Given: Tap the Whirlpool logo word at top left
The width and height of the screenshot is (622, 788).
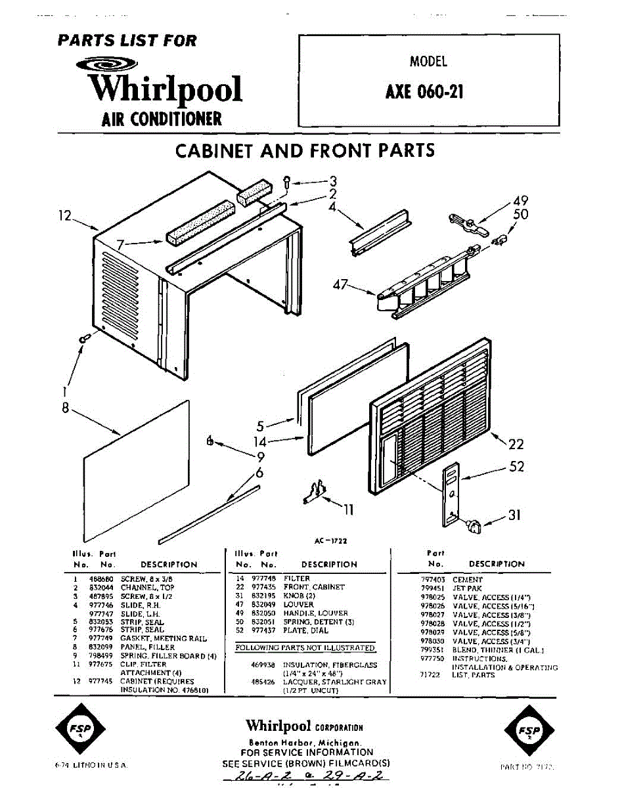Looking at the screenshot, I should (x=166, y=89).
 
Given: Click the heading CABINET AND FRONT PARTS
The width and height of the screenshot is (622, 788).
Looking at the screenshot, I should (x=305, y=150).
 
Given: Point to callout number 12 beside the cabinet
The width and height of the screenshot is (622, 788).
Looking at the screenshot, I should (x=64, y=215).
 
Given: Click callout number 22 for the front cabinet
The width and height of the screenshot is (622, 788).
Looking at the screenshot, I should (x=516, y=445).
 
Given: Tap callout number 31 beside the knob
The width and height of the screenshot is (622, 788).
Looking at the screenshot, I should (x=514, y=515).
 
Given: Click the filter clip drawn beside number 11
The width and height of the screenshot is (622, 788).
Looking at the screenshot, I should (x=315, y=492).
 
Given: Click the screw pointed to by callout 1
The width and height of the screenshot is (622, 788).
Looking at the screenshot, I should (x=84, y=338).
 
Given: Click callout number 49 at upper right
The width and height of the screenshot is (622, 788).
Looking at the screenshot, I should (x=521, y=201).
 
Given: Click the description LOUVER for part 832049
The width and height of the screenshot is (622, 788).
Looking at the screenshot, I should (x=299, y=604).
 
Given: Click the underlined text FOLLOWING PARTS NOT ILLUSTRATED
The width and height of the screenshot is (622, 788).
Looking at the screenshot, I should (x=305, y=648).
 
